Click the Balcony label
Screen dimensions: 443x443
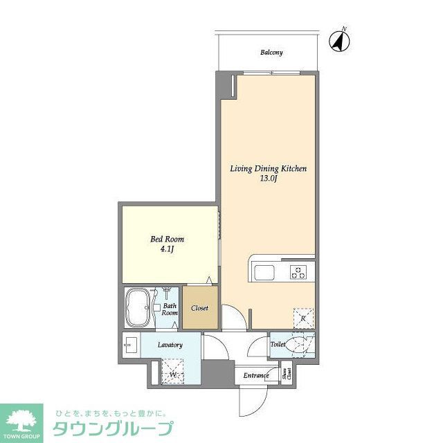271,53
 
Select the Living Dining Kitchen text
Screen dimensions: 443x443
268,168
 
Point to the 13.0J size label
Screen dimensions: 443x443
268,178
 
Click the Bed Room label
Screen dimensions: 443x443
168,239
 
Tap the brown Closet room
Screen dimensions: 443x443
200,309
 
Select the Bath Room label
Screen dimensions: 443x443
170,309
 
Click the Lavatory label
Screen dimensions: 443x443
170,345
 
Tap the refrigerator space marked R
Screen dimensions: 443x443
303,318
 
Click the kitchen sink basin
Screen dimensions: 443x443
265,273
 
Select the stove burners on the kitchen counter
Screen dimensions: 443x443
299,272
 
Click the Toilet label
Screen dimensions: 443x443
278,343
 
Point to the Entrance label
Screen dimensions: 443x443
255,376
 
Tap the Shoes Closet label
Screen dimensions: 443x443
288,374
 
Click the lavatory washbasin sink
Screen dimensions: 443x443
129,343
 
